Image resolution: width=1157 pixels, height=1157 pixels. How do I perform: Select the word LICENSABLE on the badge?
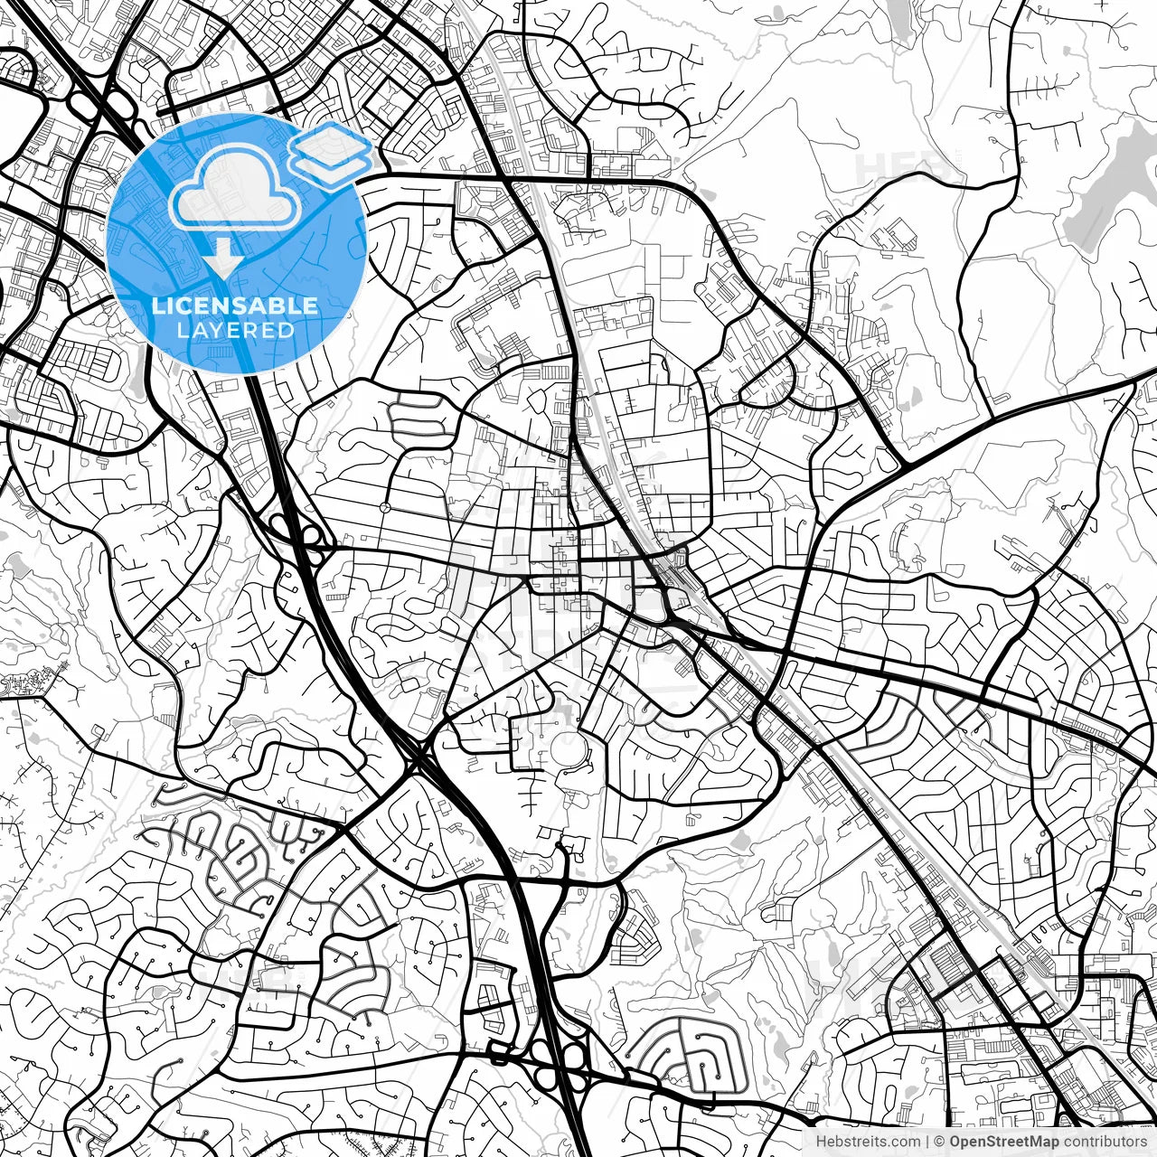pyautogui.click(x=235, y=306)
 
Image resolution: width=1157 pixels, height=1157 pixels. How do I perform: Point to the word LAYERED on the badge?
pyautogui.click(x=236, y=330)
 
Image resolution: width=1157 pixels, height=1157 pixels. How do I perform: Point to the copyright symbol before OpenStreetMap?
pyautogui.click(x=940, y=1143)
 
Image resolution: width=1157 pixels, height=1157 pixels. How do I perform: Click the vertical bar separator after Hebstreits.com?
pyautogui.click(x=928, y=1143)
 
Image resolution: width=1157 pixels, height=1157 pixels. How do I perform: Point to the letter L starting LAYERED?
pyautogui.click(x=182, y=330)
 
